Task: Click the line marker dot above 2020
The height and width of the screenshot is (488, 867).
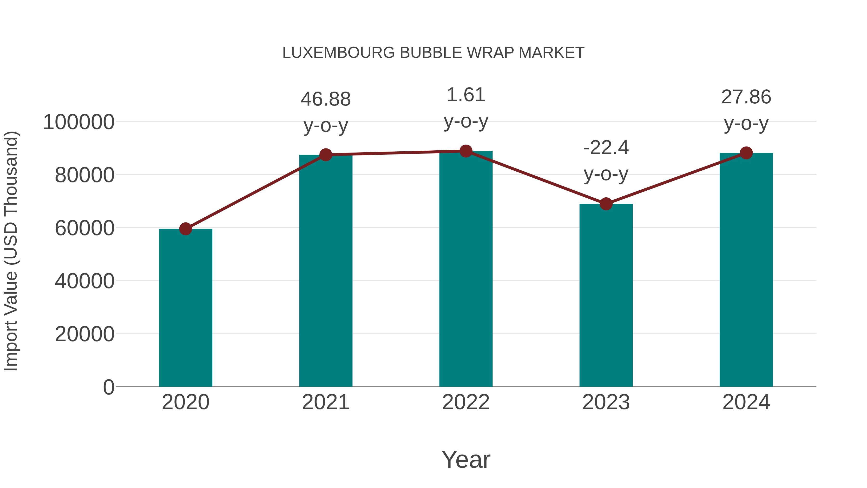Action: [x=185, y=229]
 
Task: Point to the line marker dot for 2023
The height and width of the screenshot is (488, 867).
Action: [x=606, y=204]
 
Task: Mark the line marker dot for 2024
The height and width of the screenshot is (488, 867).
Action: [x=746, y=153]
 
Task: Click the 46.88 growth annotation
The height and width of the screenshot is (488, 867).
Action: [x=325, y=100]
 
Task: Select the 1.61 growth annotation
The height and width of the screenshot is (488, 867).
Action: [x=466, y=95]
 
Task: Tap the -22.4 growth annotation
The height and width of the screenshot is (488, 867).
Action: [x=606, y=148]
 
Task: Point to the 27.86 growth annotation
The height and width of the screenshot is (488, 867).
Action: [x=746, y=98]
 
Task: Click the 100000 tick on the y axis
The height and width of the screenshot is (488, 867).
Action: [x=79, y=122]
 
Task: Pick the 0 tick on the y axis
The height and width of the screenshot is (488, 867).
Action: [x=109, y=387]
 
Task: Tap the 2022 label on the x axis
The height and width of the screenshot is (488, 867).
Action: [x=466, y=402]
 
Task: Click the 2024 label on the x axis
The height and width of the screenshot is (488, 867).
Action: [x=746, y=402]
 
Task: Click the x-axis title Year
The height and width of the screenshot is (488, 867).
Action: [x=466, y=459]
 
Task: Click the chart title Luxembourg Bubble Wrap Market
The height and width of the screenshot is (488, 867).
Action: [x=433, y=53]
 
